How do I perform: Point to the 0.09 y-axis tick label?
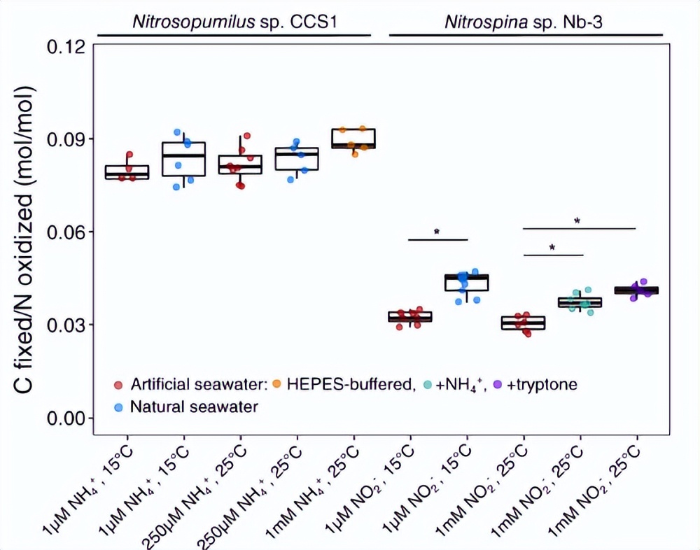pyautogui.click(x=66, y=139)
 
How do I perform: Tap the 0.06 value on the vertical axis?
pyautogui.click(x=66, y=232)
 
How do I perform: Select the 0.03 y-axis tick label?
pyautogui.click(x=66, y=325)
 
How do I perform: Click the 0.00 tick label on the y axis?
pyautogui.click(x=66, y=418)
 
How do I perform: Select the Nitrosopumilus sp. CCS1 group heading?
pyautogui.click(x=235, y=21)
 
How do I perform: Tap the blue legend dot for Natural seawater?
pyautogui.click(x=119, y=407)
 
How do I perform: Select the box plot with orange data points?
pyautogui.click(x=354, y=139)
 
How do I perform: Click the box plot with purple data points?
pyautogui.click(x=638, y=290)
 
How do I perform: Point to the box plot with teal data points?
pyautogui.click(x=580, y=302)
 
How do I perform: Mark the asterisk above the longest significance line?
pyautogui.click(x=577, y=221)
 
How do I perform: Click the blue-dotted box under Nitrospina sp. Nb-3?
pyautogui.click(x=467, y=282)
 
